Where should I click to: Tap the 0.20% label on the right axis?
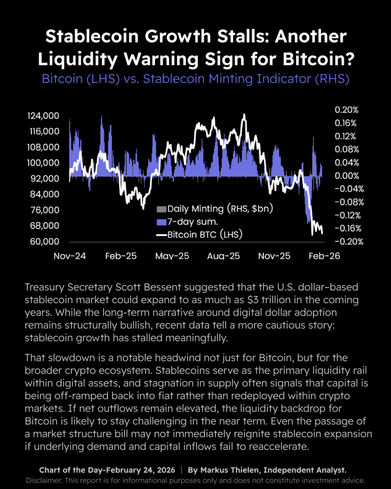pos(347,110)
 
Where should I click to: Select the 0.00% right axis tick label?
pos(347,176)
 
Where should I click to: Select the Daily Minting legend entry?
pos(214,209)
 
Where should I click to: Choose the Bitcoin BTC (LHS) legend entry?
pos(199,235)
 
